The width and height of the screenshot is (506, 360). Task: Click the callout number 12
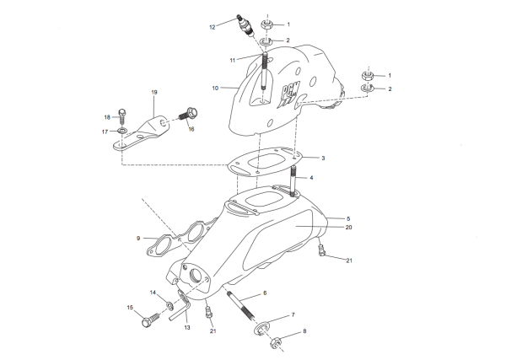point(213,28)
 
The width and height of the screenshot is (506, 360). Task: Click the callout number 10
point(216,87)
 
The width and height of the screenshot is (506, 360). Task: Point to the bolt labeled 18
point(123,113)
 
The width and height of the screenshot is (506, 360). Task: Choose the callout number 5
point(336,218)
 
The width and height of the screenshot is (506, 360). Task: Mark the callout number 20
point(348,227)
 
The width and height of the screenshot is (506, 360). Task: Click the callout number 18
point(107,116)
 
